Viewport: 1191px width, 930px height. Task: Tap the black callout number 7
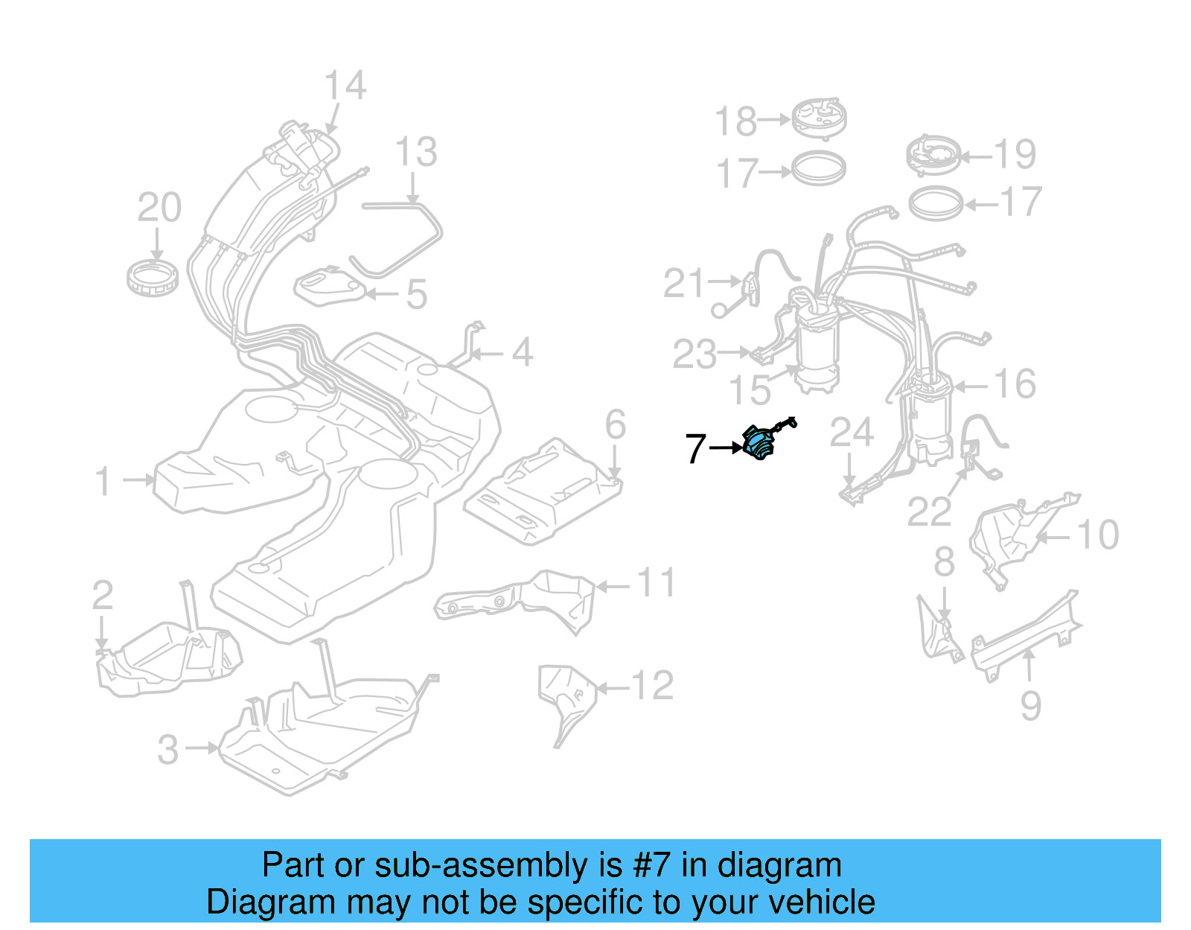[x=695, y=448]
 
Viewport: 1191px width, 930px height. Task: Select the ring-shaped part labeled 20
[x=152, y=278]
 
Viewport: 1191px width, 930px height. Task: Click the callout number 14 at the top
[x=345, y=86]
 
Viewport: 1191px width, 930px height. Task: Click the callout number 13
[x=415, y=153]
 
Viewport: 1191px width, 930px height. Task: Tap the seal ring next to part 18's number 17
[x=818, y=169]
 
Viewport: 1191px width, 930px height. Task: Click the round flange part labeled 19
[x=933, y=155]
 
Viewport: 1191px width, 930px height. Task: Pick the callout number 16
[x=1015, y=384]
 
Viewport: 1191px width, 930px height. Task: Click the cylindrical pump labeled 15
[x=817, y=350]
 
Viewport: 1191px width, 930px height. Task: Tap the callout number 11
[x=656, y=583]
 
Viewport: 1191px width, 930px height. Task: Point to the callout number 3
[x=168, y=750]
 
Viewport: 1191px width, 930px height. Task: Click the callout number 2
[x=103, y=595]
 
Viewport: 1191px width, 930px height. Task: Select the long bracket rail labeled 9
[x=1026, y=633]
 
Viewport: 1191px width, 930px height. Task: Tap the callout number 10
[x=1098, y=535]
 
